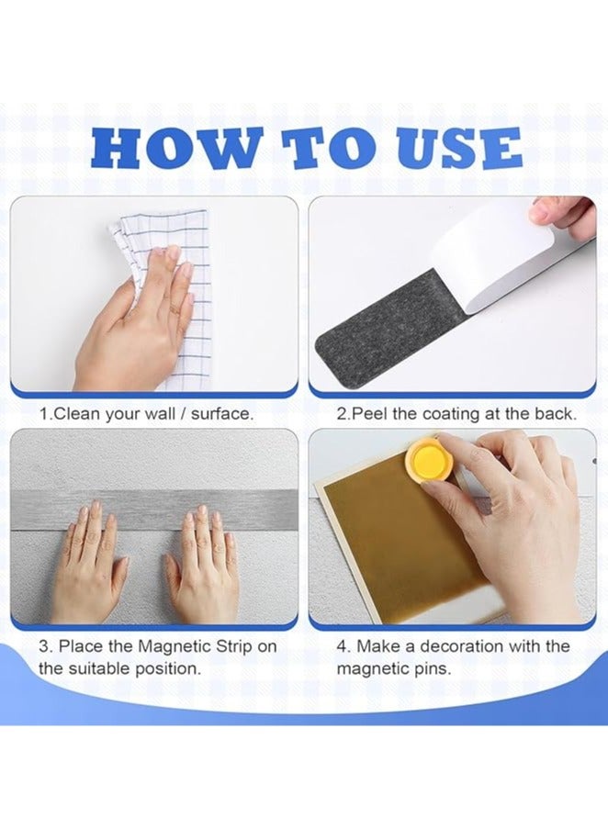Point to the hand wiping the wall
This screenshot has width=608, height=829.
click(x=138, y=317)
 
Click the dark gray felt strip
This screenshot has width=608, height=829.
click(x=386, y=330)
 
